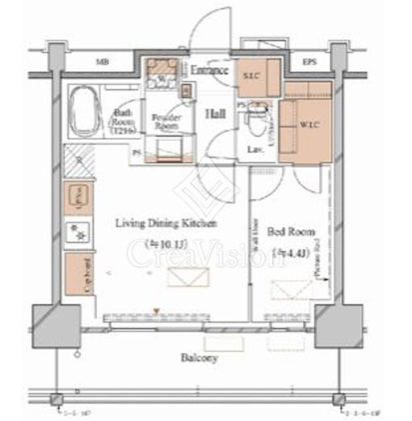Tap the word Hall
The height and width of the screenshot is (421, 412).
214,114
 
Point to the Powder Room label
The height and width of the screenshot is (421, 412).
166,122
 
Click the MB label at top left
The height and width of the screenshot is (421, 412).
103,62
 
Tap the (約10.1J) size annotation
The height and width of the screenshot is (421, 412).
166,243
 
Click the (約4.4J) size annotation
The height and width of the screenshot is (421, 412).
288,253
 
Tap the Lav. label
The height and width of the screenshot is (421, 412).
253,150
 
